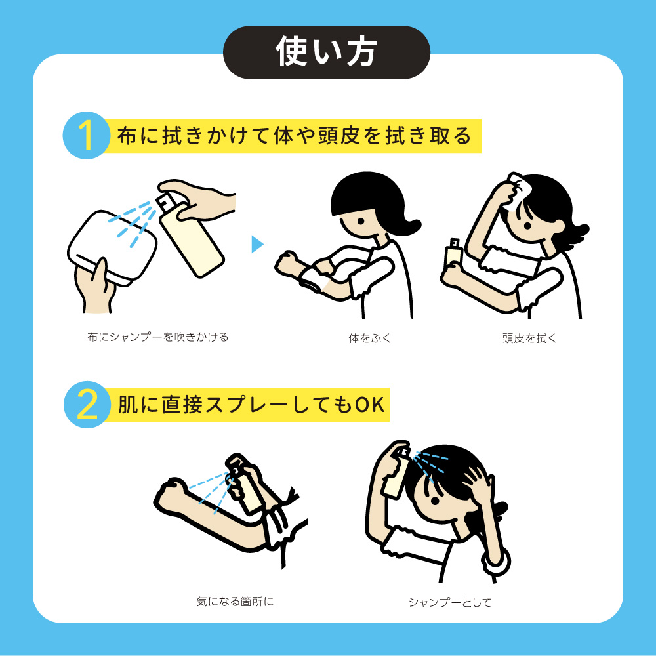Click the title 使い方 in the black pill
tap(326, 51)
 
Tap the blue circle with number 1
tap(87, 135)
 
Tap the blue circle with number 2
tap(87, 405)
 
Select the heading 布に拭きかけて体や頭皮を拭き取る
tap(294, 136)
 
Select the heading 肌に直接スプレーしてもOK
tap(251, 405)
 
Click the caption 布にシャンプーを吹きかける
tap(157, 337)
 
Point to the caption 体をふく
tap(369, 338)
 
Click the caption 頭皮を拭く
tap(529, 338)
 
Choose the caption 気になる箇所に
tap(235, 601)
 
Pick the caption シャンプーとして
tap(450, 602)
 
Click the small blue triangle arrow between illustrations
tap(256, 244)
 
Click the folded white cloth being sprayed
tap(112, 247)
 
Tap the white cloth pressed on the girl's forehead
tap(518, 191)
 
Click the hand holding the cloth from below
tap(95, 286)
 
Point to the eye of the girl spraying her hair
tap(436, 500)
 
